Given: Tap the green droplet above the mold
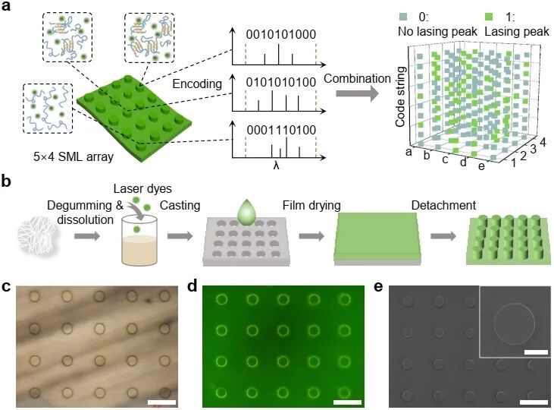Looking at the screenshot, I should point(246,214).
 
